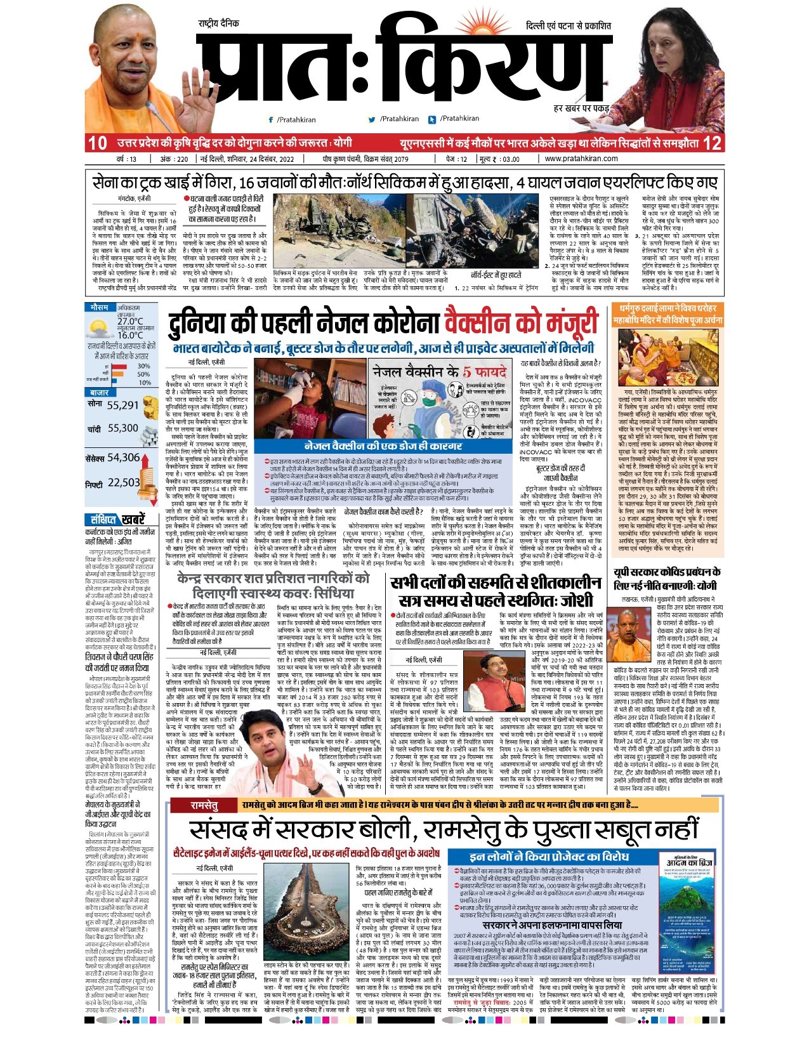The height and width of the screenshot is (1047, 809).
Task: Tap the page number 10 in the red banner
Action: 97,143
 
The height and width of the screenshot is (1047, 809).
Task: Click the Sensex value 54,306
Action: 123,457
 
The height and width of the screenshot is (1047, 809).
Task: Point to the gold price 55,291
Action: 122,405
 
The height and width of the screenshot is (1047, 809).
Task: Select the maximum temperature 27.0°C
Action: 129,321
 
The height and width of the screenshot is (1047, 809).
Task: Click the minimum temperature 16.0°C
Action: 129,334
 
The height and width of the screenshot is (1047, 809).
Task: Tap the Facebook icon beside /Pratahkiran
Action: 271,119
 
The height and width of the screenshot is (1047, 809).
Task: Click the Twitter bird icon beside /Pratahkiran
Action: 372,119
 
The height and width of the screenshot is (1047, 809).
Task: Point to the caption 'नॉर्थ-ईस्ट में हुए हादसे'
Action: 496,275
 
